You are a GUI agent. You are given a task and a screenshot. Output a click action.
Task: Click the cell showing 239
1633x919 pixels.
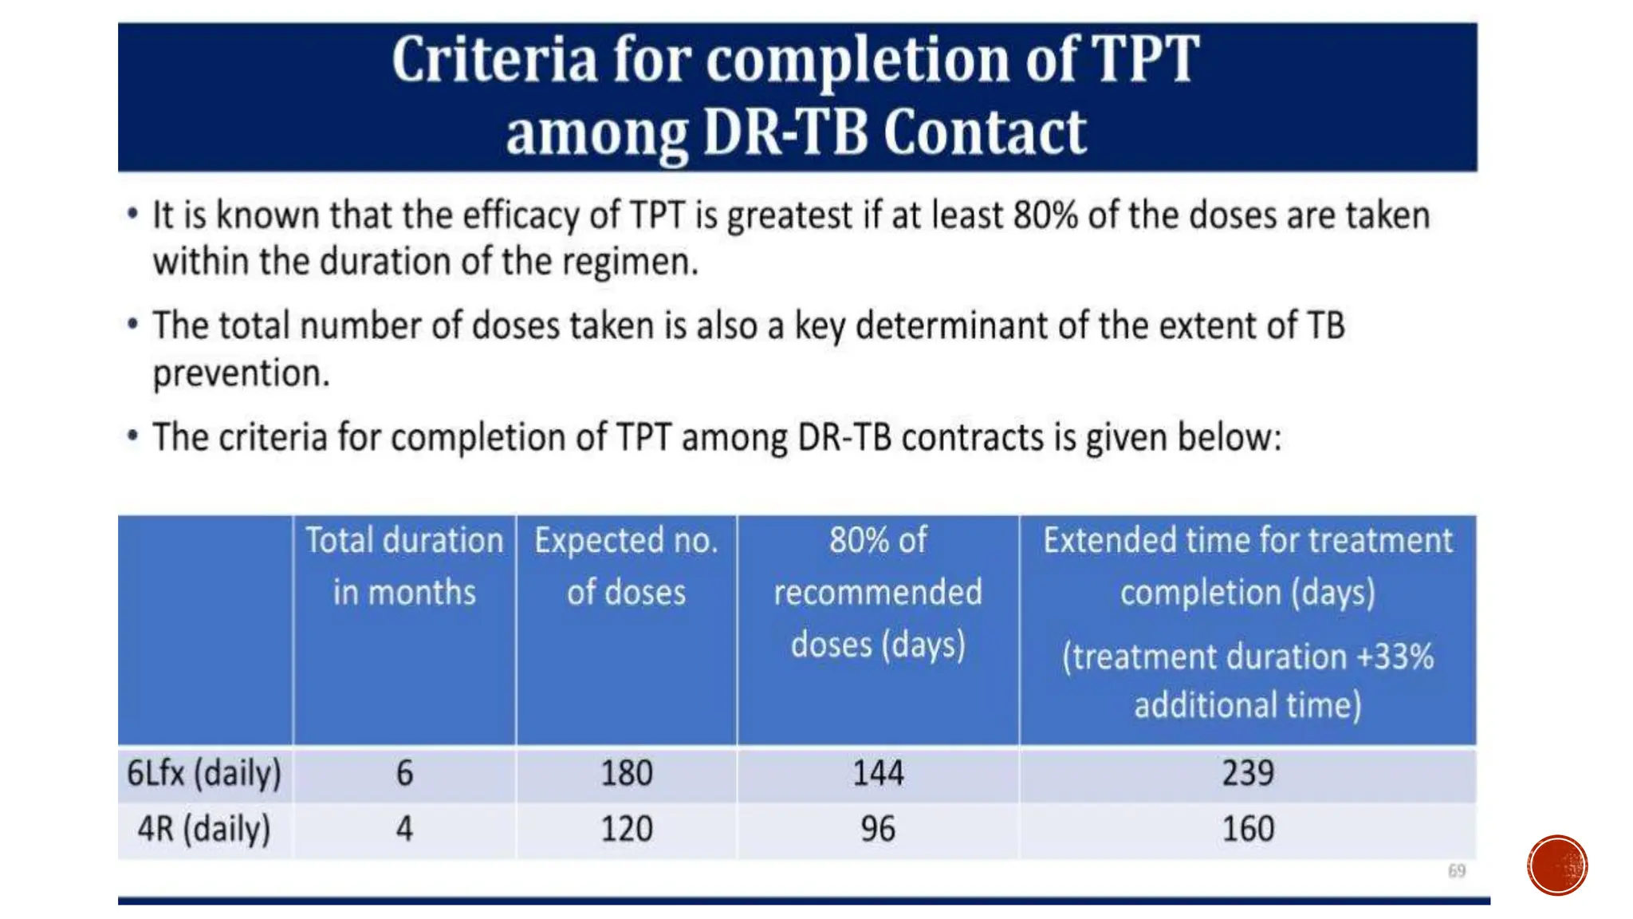(1248, 773)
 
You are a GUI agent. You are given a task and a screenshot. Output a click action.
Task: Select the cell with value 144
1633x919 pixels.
(878, 773)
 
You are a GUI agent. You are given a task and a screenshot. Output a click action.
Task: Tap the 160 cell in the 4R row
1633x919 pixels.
(1248, 829)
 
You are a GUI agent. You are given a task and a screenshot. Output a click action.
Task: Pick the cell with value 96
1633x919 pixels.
(878, 829)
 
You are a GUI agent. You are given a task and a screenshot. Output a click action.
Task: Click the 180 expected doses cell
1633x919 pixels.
(627, 773)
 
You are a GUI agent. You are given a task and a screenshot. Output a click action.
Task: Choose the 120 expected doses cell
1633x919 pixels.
(627, 829)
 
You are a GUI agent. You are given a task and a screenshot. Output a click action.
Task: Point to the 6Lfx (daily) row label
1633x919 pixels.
(204, 773)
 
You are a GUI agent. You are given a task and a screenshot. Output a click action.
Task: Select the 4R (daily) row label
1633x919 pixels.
(204, 829)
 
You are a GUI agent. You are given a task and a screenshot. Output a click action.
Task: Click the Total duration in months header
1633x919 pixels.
(404, 566)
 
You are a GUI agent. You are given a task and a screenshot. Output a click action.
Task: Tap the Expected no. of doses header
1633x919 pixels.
(627, 566)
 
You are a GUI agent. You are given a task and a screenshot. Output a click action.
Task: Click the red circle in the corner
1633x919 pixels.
(1557, 866)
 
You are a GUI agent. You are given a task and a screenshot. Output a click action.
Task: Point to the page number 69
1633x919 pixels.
(1457, 870)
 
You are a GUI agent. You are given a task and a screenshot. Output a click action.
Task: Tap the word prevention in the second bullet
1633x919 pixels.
(241, 373)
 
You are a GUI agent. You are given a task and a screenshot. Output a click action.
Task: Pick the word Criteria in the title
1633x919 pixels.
(494, 59)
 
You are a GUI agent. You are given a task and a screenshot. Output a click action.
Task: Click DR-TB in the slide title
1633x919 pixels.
(785, 132)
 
